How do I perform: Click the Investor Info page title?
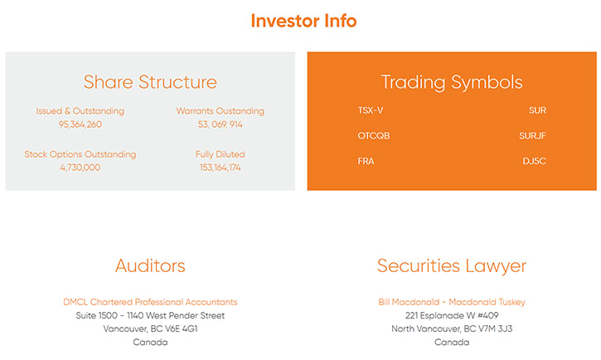coord(303,21)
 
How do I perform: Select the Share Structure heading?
coord(150,82)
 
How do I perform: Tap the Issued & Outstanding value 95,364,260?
coord(80,124)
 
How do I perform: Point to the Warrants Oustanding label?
coord(221,111)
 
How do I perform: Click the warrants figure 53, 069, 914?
coord(221,124)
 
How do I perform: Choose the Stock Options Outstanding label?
coord(80,154)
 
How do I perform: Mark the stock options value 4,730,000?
coord(80,168)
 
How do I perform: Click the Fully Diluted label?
coord(221,154)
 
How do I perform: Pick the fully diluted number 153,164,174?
coord(221,168)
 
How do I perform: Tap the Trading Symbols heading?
coord(452,82)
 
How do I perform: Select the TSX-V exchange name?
coord(371,110)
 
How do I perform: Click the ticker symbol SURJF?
coord(532,136)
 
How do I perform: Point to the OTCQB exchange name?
coord(374,136)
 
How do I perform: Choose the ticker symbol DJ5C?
coord(535,161)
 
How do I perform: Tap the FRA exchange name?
coord(366,161)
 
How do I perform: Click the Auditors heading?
coord(150,265)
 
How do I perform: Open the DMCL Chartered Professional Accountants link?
coord(150,302)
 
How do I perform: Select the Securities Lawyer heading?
coord(452,266)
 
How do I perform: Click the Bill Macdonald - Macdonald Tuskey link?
coord(452,302)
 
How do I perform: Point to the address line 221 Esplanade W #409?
coord(452,315)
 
